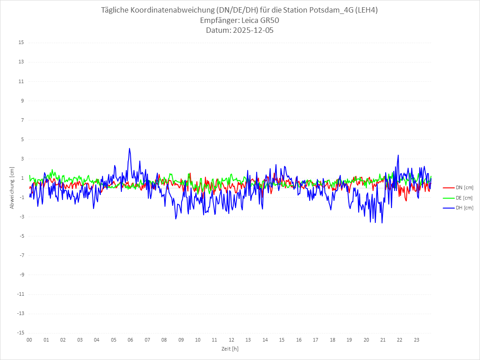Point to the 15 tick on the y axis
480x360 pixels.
(21, 43)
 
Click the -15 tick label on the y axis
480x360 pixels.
(20, 333)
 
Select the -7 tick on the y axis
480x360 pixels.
(21, 255)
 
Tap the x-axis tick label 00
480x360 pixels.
(29, 340)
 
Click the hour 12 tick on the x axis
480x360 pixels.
(231, 340)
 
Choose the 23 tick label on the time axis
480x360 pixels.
(417, 340)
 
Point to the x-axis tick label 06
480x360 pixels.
(130, 340)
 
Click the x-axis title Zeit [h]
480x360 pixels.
(230, 349)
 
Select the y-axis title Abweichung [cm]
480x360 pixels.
(12, 187)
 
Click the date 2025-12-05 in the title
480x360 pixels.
(253, 31)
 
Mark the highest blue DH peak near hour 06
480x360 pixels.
(129, 148)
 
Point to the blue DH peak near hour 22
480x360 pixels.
(398, 156)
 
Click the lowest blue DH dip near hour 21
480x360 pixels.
(382, 222)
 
